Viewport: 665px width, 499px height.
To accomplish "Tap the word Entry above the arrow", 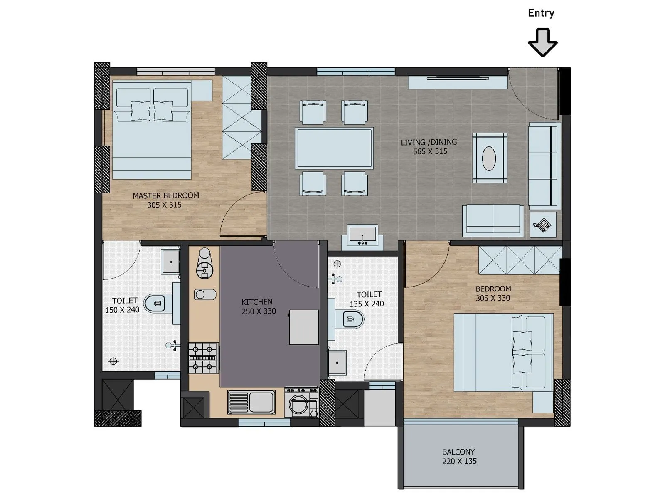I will (541, 13).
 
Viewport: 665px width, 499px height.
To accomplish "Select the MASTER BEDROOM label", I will (165, 195).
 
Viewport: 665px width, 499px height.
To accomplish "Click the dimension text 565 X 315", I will (430, 152).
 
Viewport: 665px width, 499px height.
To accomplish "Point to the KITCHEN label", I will (257, 302).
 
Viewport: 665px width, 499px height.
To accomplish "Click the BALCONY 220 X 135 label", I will (459, 457).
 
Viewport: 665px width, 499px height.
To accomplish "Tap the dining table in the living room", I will (334, 148).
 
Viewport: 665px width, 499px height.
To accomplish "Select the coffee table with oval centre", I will (490, 158).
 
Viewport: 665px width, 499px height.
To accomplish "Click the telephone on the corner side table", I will (543, 225).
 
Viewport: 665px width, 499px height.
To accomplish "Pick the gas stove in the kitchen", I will (203, 358).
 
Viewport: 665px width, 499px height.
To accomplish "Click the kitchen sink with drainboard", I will (251, 402).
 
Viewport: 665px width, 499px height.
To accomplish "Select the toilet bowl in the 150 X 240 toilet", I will (155, 304).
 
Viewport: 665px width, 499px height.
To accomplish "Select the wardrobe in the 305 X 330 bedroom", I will (520, 260).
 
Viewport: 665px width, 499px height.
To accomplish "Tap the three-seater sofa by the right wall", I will (543, 166).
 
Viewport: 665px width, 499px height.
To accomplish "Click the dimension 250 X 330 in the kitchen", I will (259, 311).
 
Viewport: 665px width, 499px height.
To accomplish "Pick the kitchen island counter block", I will (304, 327).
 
